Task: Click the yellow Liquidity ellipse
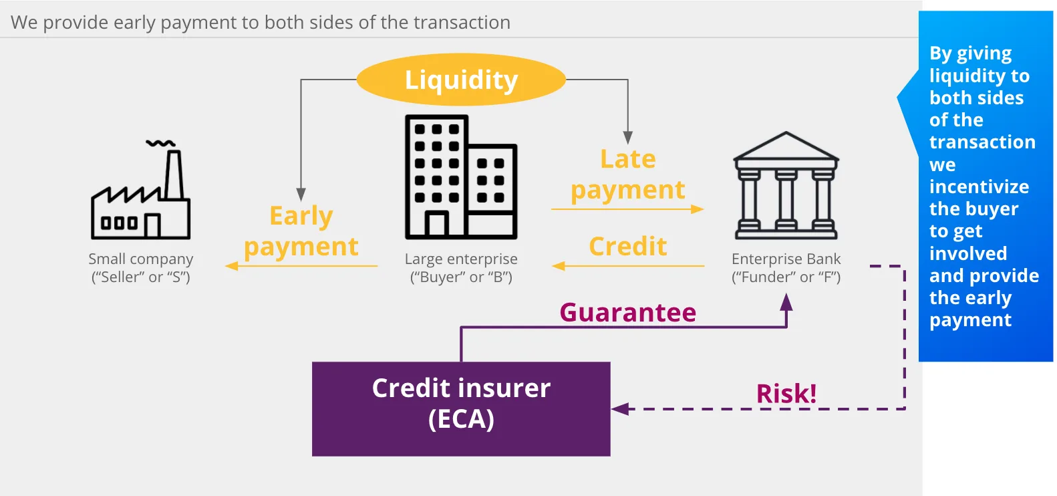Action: (x=461, y=80)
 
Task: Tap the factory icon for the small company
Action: (x=140, y=190)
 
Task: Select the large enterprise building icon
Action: (x=461, y=177)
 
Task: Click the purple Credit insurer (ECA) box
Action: (x=461, y=408)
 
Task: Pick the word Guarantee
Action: (x=627, y=312)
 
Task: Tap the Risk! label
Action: (x=786, y=393)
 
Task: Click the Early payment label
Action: (x=301, y=231)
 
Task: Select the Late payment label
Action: (x=627, y=174)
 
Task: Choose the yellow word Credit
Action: (x=627, y=246)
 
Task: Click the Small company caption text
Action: (x=140, y=267)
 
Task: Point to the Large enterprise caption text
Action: (x=461, y=267)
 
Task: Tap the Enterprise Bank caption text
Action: (x=786, y=267)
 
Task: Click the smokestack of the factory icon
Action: (x=174, y=174)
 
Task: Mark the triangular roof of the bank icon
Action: (x=786, y=146)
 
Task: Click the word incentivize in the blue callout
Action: (x=979, y=187)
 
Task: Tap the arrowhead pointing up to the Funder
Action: (x=786, y=302)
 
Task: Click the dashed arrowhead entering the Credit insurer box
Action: (x=620, y=408)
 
